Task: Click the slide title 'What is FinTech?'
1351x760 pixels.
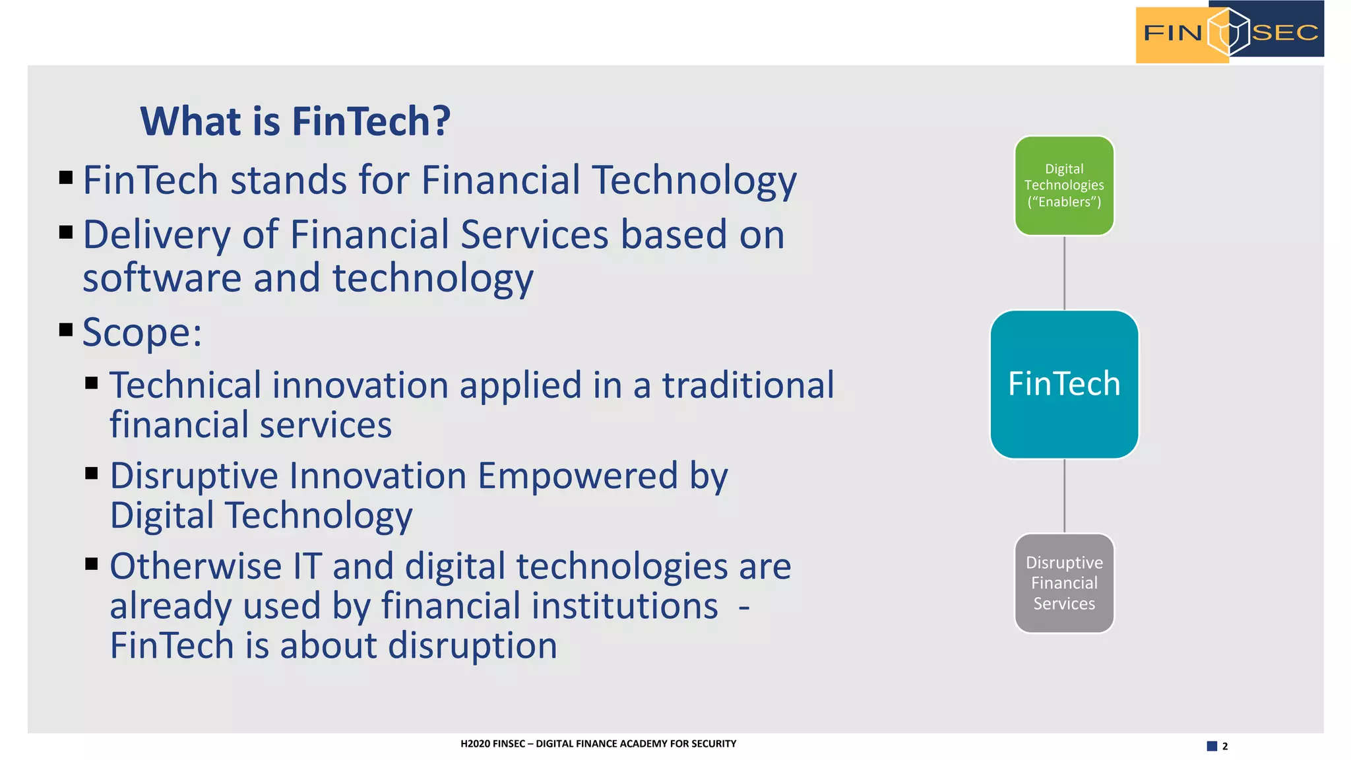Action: tap(295, 121)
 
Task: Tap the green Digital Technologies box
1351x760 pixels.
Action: tap(1063, 185)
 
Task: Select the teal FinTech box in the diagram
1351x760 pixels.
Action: tap(1063, 384)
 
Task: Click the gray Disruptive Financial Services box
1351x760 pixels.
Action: tap(1063, 583)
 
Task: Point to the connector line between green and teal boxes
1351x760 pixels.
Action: tap(1064, 272)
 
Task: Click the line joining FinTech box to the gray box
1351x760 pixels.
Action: tap(1064, 495)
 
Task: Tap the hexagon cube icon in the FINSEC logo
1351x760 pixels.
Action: tap(1228, 32)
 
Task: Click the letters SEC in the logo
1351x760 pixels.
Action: tap(1284, 32)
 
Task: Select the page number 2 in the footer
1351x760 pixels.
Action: tap(1225, 746)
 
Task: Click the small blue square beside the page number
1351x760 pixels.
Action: tap(1212, 746)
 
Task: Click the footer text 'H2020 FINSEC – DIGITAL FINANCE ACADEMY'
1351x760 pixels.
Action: tap(598, 744)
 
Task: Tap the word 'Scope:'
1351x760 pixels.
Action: tap(142, 332)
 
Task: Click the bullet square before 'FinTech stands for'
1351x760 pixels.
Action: tap(66, 177)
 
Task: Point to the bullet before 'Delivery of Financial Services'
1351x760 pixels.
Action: tap(66, 232)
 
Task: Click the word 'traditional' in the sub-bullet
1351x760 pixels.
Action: tap(748, 385)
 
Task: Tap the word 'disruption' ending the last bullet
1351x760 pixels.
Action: tap(472, 645)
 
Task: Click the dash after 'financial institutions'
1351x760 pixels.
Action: tap(743, 607)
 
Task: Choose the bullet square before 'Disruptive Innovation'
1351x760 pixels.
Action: tap(92, 473)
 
